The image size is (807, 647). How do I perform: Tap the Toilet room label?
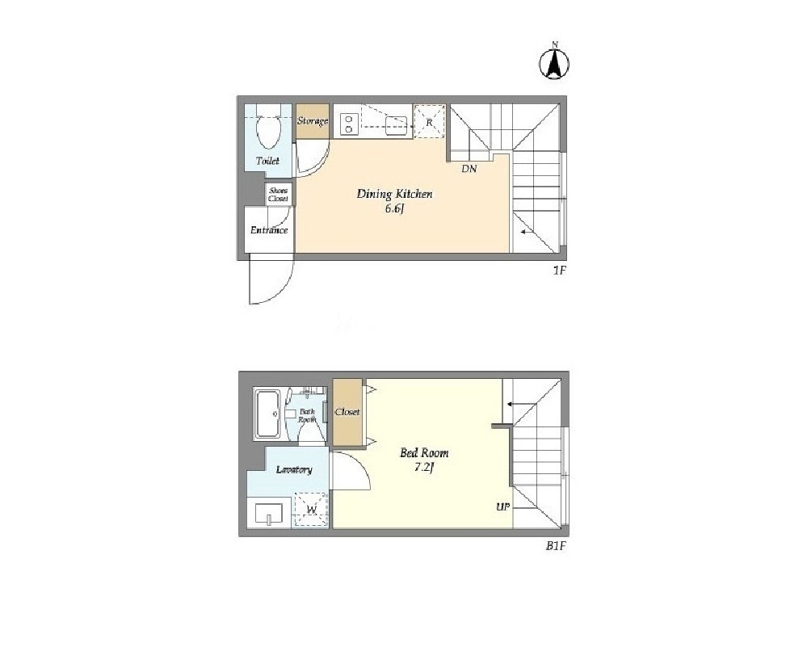(267, 161)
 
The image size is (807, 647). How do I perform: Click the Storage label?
(313, 121)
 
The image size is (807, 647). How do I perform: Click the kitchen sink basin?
(397, 125)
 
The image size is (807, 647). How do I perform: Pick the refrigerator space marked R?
(429, 122)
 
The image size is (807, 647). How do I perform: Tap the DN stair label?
(469, 168)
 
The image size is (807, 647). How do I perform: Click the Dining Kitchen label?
(395, 194)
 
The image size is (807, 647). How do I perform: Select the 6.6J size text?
(395, 209)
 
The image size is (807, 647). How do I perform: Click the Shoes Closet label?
(279, 195)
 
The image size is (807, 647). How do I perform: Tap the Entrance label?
(269, 230)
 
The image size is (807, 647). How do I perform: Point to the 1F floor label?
(560, 271)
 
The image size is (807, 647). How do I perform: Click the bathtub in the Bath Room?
(267, 414)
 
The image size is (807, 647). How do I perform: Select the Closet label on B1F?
(347, 412)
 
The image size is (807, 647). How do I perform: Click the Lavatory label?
(294, 469)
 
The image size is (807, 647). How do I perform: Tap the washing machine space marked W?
(311, 510)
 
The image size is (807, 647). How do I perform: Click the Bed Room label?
(425, 453)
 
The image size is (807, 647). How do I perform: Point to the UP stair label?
(502, 507)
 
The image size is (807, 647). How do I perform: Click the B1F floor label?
(556, 547)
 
